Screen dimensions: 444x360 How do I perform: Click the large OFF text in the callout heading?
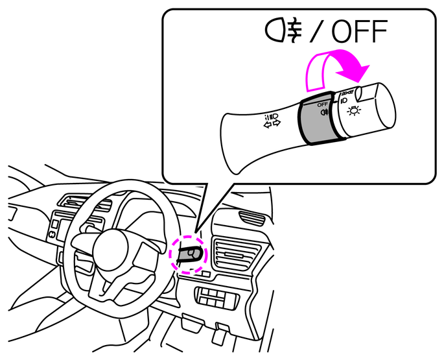point(359,31)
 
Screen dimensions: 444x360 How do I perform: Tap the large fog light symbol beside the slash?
point(284,30)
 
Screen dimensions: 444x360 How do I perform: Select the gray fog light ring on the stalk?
point(317,119)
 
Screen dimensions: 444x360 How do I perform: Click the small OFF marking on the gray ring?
point(323,104)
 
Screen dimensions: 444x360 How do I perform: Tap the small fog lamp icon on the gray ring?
point(324,112)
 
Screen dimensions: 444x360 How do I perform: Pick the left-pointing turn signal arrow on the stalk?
point(268,125)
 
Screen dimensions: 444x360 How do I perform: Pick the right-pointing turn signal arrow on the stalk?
point(277,123)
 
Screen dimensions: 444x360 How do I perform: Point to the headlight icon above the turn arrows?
point(272,117)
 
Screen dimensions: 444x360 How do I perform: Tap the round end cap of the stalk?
point(386,106)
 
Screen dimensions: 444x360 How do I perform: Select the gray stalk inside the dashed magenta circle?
point(189,254)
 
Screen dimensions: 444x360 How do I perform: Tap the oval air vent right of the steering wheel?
point(237,254)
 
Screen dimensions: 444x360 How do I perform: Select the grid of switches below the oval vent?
point(216,297)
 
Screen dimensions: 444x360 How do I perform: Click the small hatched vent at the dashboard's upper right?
point(251,217)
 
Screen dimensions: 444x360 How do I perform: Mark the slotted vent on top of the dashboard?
point(85,202)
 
